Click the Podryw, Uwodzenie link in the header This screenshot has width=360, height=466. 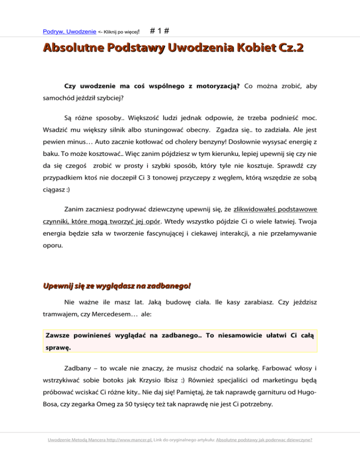70,32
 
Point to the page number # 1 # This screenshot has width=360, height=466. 160,31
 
